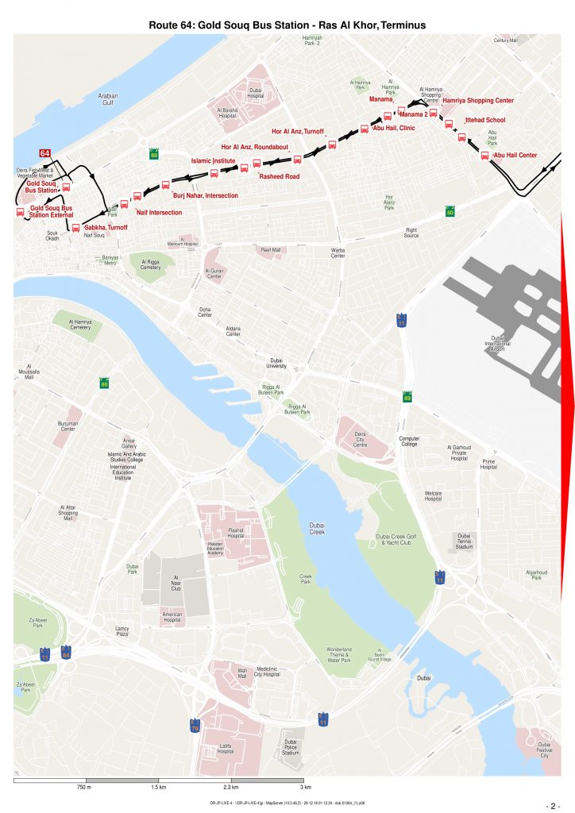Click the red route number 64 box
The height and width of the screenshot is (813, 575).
click(46, 153)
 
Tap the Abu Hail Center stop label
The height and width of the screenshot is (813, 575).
click(515, 156)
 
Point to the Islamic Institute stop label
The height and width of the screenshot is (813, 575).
click(213, 161)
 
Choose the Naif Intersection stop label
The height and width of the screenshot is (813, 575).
click(159, 212)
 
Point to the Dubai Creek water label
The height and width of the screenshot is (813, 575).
click(317, 528)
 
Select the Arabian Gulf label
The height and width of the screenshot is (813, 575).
click(107, 98)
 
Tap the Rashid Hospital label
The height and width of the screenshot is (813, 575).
click(236, 532)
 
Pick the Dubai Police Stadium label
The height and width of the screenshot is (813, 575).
click(291, 747)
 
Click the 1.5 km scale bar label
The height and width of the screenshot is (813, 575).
click(158, 787)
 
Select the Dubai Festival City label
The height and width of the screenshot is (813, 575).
click(544, 752)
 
